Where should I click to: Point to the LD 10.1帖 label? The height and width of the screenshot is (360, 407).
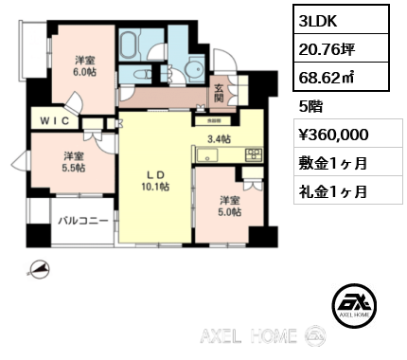156,180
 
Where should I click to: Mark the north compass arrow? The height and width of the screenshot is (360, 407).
38,270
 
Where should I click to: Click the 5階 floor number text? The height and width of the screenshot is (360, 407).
310,106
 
